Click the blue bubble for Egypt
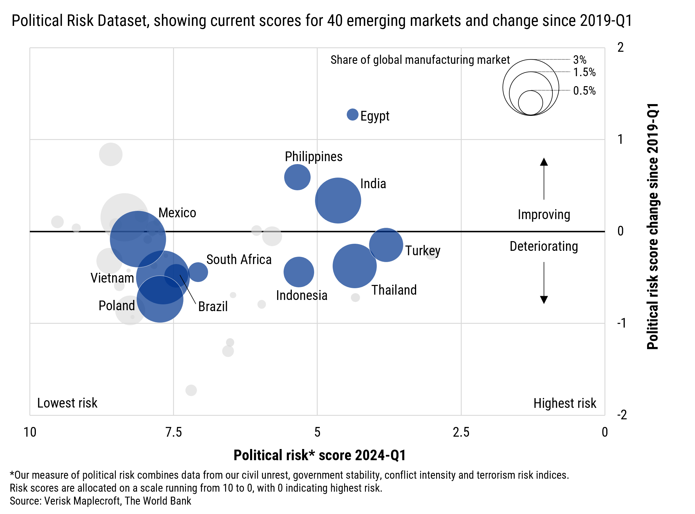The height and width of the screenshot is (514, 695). point(352,114)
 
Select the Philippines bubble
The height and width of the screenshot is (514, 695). point(297,177)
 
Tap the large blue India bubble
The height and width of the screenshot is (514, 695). point(338,200)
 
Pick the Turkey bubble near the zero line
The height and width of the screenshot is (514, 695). point(386,245)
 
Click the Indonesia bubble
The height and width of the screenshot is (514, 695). point(299,272)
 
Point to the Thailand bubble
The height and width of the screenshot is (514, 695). point(354,266)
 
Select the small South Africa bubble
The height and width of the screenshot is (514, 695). point(198,272)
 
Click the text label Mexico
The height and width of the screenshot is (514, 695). point(177,213)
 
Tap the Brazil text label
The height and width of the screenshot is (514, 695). point(213,307)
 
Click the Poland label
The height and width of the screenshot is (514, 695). point(117,306)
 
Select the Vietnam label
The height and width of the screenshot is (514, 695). point(112,278)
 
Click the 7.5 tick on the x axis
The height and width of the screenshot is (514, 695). point(173,432)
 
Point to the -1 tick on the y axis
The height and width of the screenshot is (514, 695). point(621,323)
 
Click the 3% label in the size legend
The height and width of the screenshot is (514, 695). point(580,59)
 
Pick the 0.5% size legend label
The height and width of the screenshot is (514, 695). point(584,91)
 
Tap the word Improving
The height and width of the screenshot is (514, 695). point(544,215)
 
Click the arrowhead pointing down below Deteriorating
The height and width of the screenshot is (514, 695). point(544,300)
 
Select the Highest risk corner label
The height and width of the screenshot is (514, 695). point(565,403)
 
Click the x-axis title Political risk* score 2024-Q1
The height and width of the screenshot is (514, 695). point(320,455)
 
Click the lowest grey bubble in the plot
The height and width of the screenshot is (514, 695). point(191,390)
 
